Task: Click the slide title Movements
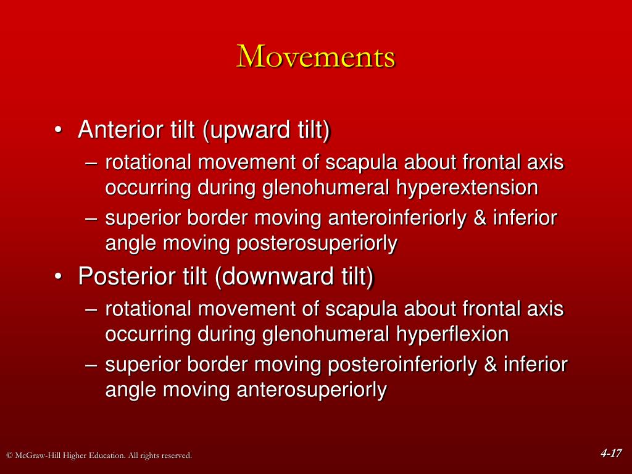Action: pos(316,57)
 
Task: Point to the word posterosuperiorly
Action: pos(317,243)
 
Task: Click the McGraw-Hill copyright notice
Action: pos(99,455)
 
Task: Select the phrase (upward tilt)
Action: pos(267,130)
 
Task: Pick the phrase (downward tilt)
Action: pos(294,276)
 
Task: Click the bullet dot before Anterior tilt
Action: pos(57,131)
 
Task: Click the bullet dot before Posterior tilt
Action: pos(57,278)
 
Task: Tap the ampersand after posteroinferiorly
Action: pos(491,365)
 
